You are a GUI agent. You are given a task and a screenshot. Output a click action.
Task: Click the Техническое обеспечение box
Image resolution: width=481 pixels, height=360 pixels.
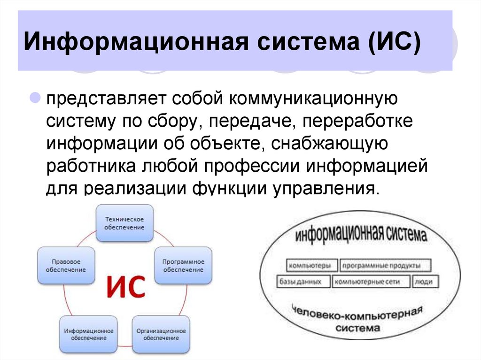(124, 223)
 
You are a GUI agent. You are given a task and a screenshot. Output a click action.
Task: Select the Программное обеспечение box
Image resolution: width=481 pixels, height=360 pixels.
(183, 266)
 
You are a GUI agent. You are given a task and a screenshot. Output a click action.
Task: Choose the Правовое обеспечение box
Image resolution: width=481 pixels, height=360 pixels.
(66, 266)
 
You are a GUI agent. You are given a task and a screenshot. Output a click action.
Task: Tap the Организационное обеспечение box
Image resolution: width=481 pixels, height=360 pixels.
(161, 334)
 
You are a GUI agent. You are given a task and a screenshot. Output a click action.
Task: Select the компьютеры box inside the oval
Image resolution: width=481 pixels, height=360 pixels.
(310, 266)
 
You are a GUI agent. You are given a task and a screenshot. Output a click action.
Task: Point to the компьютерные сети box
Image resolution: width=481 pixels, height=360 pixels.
(371, 282)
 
